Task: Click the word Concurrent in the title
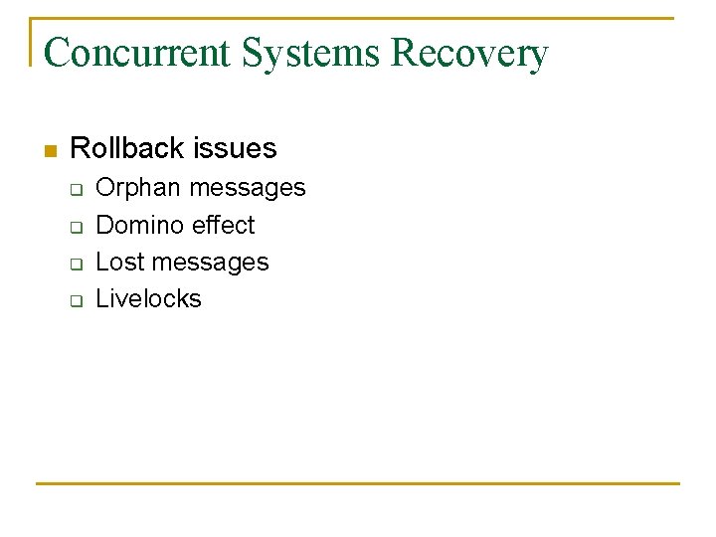(136, 53)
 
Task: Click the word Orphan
(138, 188)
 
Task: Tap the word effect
(223, 225)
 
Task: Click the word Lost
(117, 262)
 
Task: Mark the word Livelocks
(148, 298)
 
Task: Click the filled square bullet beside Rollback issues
(50, 151)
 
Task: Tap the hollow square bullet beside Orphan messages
(75, 189)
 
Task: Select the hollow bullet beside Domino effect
(75, 226)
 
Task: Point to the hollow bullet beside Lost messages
(75, 263)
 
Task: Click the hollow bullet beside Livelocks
(75, 299)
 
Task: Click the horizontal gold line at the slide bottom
(358, 484)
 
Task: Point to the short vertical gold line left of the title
(31, 42)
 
